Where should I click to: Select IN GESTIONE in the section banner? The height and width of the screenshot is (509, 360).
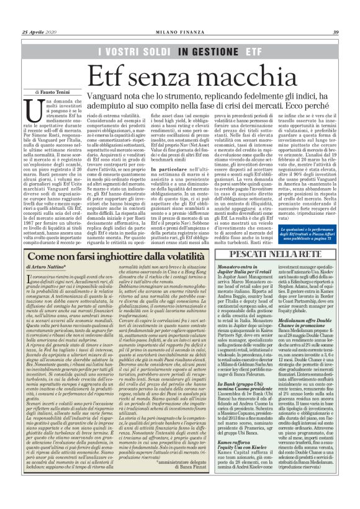pos(205,50)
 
